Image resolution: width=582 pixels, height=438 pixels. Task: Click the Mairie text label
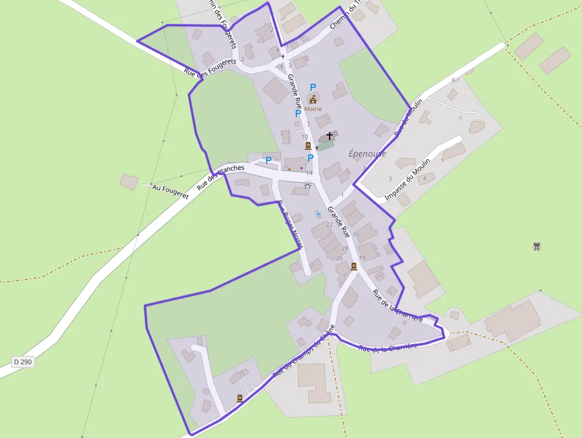point(313,109)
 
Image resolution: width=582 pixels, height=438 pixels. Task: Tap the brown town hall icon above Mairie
point(313,99)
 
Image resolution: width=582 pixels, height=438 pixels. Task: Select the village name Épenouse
point(367,154)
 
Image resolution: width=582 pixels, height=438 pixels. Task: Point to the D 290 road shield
point(23,361)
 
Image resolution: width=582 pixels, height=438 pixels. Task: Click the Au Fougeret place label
point(170,190)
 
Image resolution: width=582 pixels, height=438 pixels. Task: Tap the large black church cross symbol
point(330,137)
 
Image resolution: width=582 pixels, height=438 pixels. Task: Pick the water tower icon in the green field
point(537,246)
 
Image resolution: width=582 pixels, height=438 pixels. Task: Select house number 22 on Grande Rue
point(330,224)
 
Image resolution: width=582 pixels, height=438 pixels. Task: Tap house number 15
point(356,235)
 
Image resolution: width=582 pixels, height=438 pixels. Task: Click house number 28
point(345,248)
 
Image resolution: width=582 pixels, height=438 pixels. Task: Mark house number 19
point(362,258)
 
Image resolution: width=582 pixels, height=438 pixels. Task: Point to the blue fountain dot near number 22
point(318,213)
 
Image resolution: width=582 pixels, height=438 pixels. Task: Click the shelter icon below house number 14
point(308,185)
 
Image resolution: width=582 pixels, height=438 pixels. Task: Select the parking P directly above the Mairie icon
point(313,87)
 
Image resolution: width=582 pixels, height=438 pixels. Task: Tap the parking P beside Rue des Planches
point(268,160)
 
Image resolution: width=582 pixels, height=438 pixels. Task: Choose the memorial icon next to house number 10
point(308,146)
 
